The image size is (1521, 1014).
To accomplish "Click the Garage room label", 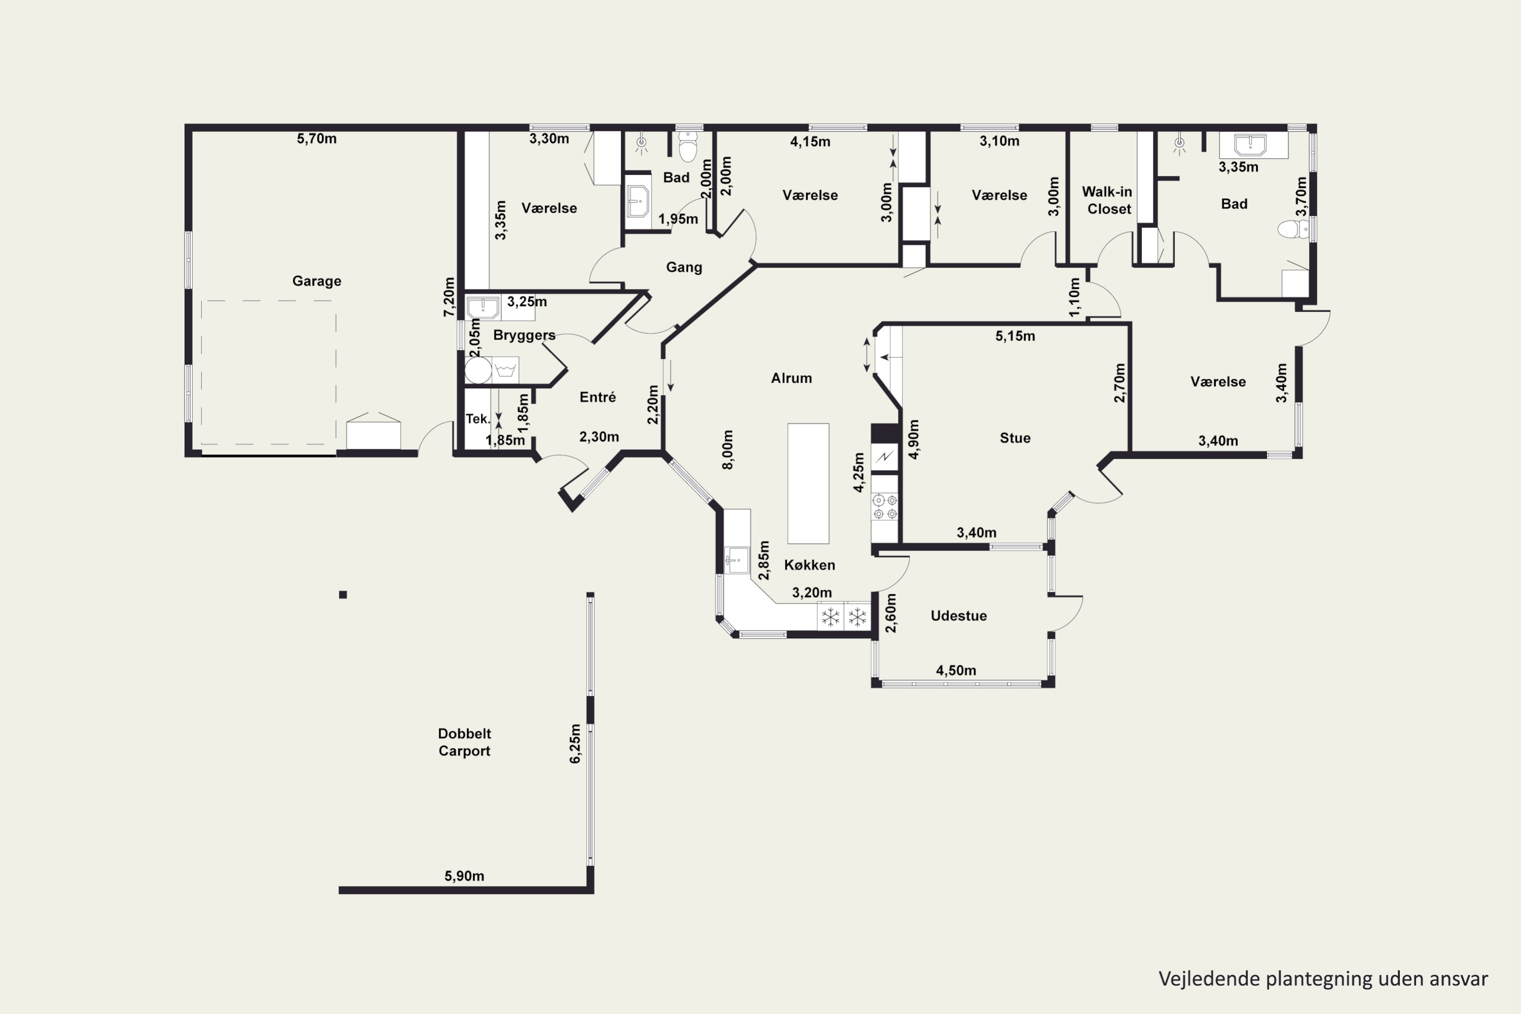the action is pos(316,281).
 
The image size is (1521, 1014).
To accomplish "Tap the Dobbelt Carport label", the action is pos(464,742).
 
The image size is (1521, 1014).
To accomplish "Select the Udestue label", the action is pos(958,615).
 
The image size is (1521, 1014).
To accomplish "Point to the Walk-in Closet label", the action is pos(1108,200).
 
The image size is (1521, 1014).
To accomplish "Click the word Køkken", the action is pos(810,565).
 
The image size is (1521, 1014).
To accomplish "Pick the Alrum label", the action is pos(791,378).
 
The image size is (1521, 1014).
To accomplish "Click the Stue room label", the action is pos(1016,438).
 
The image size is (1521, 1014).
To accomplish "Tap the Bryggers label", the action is pos(524,335).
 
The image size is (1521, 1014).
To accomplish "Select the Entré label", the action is pos(598,397).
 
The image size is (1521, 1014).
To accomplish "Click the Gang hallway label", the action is pos(684,267).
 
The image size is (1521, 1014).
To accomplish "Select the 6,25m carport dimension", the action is pos(575,744).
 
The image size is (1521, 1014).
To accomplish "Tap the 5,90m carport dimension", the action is pos(464,876).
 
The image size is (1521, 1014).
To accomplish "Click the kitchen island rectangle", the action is pos(808,484).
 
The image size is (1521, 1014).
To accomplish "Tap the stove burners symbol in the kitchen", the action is pos(885,507).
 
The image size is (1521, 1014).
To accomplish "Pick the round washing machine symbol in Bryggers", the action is pos(479,371).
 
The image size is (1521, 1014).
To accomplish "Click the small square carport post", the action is pos(343,595).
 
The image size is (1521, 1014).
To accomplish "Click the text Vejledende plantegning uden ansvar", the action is pos(1323,979).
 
